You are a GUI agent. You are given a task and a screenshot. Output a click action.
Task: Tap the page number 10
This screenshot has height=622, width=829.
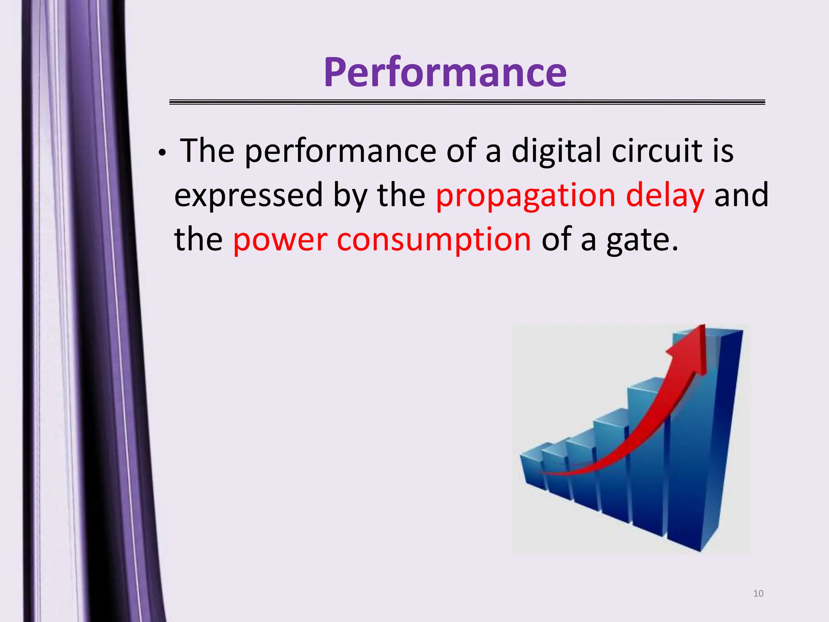pos(758,594)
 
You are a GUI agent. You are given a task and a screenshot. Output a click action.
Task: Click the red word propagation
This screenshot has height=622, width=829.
pos(525,195)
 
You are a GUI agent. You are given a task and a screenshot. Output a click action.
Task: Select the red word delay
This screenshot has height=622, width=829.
pos(665,195)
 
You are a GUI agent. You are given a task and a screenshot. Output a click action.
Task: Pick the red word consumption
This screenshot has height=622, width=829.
pos(434,240)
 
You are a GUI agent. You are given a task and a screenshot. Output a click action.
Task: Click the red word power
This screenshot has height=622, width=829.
pos(280,240)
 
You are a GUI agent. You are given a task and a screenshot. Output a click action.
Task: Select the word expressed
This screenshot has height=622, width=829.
pos(248,196)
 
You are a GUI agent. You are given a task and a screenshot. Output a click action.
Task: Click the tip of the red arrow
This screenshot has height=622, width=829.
pos(704,326)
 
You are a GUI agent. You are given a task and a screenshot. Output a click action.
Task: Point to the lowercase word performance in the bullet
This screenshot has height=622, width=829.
pos(340,151)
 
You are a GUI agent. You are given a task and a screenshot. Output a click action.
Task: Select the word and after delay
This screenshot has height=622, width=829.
pos(741,195)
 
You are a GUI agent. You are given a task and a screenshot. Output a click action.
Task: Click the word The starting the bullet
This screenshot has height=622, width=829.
pos(207,151)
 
